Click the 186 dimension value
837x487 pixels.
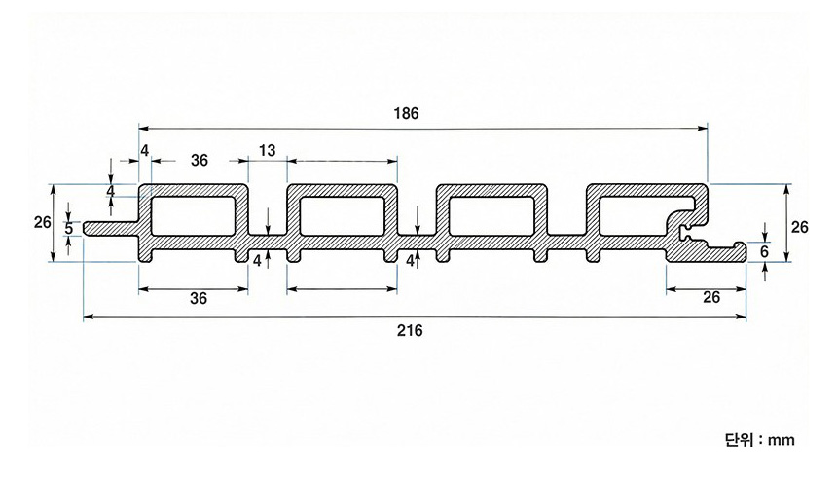pos(407,113)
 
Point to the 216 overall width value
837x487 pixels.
pos(410,331)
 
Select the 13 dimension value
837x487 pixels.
pos(267,150)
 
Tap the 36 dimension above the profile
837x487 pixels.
pos(199,160)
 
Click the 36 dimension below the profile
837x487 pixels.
pos(199,299)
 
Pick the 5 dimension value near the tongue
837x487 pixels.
pos(68,228)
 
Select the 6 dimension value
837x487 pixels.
pos(765,251)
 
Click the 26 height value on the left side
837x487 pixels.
pos(42,222)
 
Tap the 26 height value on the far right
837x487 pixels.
pos(799,227)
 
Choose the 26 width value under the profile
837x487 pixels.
pos(711,298)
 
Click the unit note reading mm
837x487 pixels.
pos(759,440)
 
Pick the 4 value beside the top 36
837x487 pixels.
pos(144,150)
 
